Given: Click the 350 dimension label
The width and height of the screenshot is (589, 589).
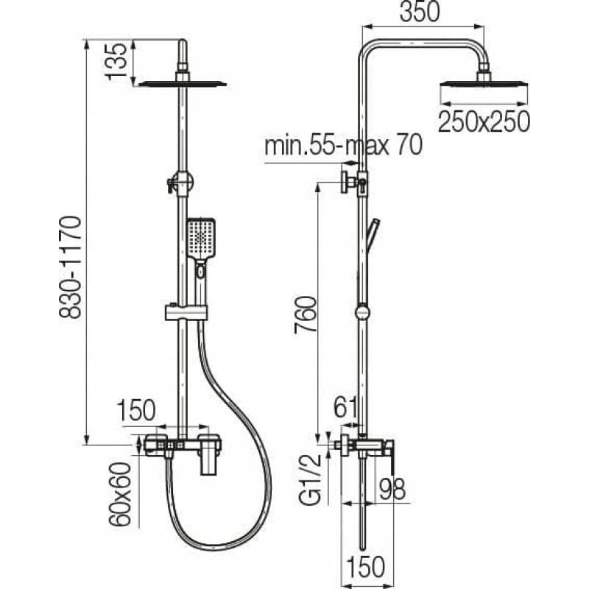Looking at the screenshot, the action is [x=419, y=12].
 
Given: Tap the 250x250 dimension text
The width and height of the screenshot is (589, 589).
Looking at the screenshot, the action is [x=484, y=121].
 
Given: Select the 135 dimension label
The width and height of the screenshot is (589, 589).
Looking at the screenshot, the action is [x=116, y=61].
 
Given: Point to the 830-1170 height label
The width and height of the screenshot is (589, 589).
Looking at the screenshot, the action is [x=70, y=267].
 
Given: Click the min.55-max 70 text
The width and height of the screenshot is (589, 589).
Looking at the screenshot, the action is [x=343, y=145].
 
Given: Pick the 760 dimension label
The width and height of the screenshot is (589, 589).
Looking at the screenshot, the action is [x=304, y=315].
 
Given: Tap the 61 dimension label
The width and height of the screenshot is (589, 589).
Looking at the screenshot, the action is [x=346, y=409].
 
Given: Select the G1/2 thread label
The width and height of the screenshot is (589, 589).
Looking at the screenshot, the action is [x=310, y=480].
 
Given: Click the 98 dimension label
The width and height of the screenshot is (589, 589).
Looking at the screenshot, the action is [x=392, y=489].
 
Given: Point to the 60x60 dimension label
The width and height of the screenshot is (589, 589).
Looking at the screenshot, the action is [x=120, y=494].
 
